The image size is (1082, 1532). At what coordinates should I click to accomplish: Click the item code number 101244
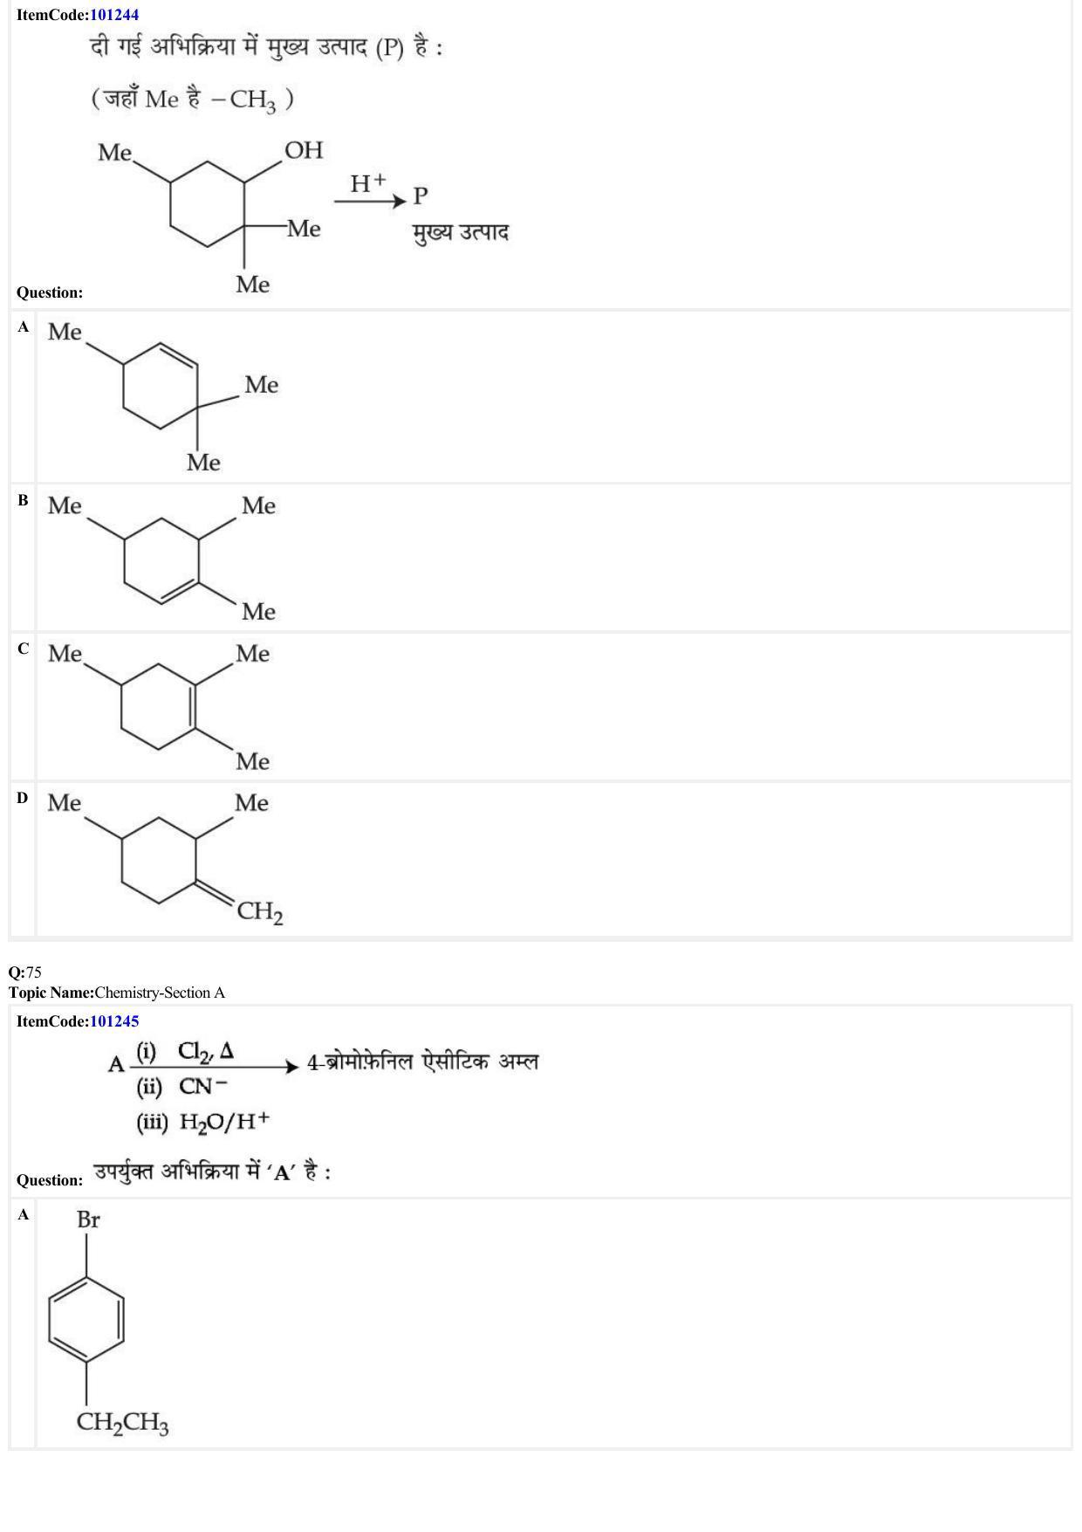click(114, 15)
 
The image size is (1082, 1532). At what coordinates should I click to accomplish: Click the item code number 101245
click(114, 1021)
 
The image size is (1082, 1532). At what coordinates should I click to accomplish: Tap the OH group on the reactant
click(304, 150)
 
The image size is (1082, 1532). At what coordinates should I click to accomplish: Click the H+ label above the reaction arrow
click(367, 183)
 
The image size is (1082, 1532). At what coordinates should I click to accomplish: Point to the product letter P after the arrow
click(421, 196)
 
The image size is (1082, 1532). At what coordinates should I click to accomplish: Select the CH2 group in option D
click(260, 912)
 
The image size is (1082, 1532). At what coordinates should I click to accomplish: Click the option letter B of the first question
click(23, 500)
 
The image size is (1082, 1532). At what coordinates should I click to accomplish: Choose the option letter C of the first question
click(23, 649)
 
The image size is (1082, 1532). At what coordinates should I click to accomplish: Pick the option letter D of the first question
click(23, 798)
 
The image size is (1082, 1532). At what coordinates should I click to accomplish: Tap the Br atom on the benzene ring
click(88, 1219)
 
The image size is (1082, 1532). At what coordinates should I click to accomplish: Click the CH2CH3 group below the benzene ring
click(122, 1423)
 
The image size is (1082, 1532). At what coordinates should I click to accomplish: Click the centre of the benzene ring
click(86, 1320)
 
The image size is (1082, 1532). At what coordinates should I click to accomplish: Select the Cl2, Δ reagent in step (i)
click(206, 1051)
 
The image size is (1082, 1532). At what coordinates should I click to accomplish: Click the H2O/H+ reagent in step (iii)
click(224, 1121)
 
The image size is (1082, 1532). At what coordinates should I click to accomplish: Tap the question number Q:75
click(25, 972)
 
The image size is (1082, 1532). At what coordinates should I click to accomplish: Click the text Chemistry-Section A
click(160, 993)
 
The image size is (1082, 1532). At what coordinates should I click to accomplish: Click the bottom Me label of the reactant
click(253, 285)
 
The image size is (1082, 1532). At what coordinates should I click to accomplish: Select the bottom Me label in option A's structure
click(203, 463)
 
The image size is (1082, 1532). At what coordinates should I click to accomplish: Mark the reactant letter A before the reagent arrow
click(116, 1064)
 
